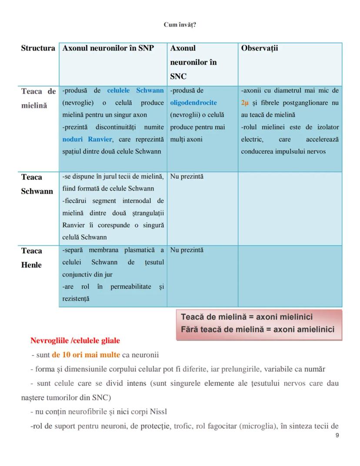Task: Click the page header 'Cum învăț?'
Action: (180, 25)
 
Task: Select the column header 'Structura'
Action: (38, 48)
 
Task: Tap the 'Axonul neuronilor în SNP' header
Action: (108, 48)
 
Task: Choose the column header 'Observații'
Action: (259, 48)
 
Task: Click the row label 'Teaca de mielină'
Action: (38, 98)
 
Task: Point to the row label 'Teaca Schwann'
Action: (37, 184)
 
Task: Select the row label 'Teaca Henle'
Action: (32, 258)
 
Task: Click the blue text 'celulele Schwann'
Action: (136, 91)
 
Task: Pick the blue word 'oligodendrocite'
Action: (193, 103)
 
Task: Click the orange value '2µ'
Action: (245, 103)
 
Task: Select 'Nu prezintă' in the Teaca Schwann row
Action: (187, 177)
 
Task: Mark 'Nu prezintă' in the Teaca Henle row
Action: (187, 250)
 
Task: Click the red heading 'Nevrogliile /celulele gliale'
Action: (75, 340)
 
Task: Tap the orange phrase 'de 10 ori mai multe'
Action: (86, 355)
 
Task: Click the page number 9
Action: (337, 436)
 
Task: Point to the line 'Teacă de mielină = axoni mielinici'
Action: (247, 317)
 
